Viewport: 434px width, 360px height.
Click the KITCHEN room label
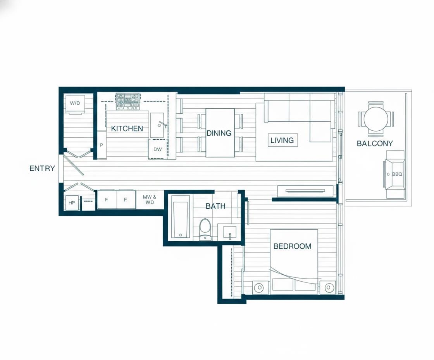coord(127,128)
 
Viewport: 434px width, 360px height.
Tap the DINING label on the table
coord(219,133)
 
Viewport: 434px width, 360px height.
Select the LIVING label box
coord(282,140)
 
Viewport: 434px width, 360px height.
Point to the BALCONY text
coord(375,143)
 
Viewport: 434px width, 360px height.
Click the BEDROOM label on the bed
coord(292,246)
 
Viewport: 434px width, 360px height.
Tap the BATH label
coord(215,206)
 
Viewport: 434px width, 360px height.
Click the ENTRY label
coord(42,168)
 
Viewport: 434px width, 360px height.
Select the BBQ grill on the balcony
coord(395,174)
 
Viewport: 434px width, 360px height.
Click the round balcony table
coord(376,119)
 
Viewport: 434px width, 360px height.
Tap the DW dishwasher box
coord(158,149)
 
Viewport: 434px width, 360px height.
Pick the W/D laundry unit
coord(75,104)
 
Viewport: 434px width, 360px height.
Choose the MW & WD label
coord(150,199)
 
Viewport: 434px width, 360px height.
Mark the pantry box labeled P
coord(102,145)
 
